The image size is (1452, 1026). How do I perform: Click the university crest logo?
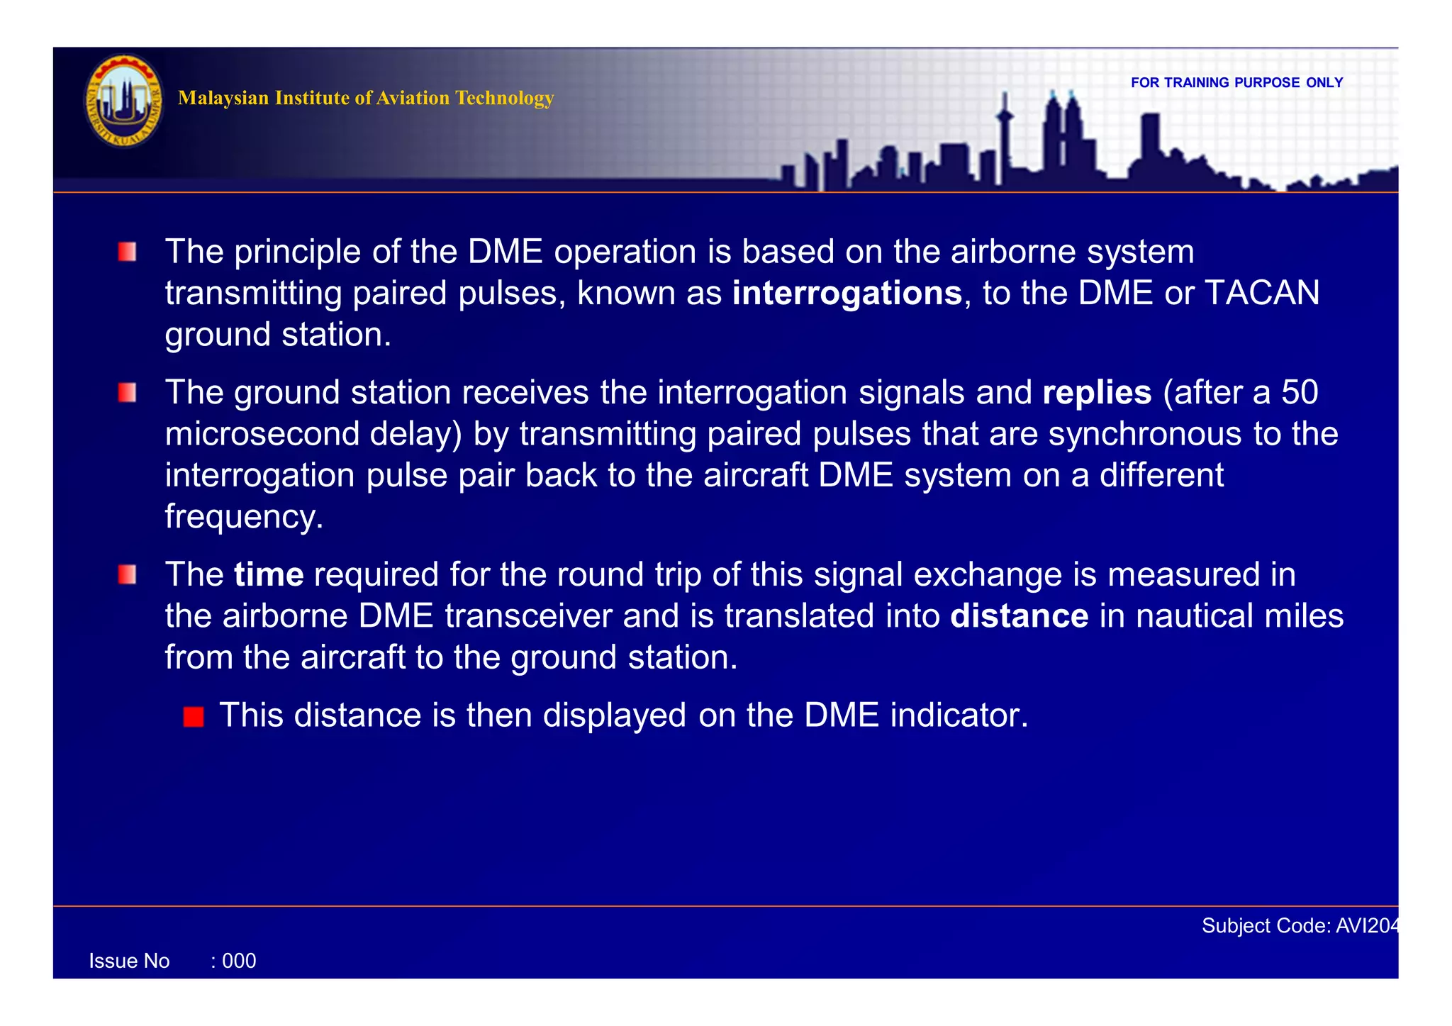[x=124, y=101]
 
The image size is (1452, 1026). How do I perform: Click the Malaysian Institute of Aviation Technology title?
[x=365, y=98]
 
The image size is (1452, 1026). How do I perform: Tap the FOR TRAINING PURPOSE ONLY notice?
[x=1236, y=82]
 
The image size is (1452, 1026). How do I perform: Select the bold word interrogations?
[x=847, y=294]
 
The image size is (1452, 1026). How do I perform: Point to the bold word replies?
[x=1097, y=393]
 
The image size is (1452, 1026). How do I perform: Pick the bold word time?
[x=269, y=574]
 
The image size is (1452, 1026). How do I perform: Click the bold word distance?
[x=1019, y=616]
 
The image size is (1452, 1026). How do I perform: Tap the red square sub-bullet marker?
[x=194, y=717]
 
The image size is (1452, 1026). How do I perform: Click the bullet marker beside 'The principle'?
[x=128, y=252]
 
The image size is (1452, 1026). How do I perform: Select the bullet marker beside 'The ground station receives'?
[x=128, y=393]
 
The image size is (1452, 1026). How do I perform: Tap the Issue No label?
[x=129, y=961]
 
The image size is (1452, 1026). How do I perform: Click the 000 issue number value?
[x=239, y=961]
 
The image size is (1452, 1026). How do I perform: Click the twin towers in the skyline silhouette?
[x=1062, y=135]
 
